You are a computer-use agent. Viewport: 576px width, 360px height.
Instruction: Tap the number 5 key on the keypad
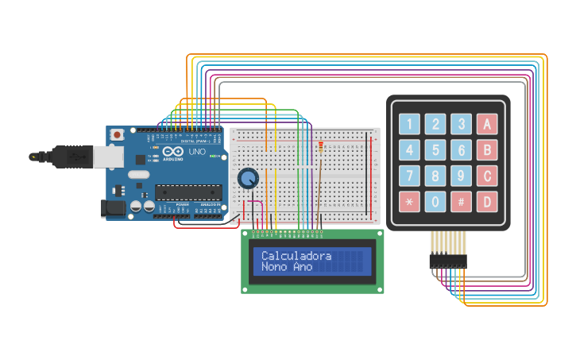pyautogui.click(x=435, y=149)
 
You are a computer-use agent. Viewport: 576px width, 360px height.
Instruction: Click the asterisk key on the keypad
pyautogui.click(x=409, y=202)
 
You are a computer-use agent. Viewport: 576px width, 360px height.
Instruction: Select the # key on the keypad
pyautogui.click(x=461, y=202)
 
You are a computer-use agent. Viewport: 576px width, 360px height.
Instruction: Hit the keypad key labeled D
pyautogui.click(x=487, y=202)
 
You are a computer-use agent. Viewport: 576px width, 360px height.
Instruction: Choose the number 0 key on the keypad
pyautogui.click(x=435, y=202)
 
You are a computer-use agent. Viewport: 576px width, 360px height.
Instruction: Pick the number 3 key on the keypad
pyautogui.click(x=461, y=124)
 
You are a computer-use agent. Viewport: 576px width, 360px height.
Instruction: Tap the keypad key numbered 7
pyautogui.click(x=409, y=176)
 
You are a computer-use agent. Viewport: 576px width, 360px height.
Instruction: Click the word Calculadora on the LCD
pyautogui.click(x=296, y=256)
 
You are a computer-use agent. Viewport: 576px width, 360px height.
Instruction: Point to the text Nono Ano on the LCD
pyautogui.click(x=287, y=267)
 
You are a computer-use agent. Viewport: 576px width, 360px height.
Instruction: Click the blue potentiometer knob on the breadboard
pyautogui.click(x=248, y=179)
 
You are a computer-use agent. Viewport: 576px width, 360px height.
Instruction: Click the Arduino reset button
pyautogui.click(x=118, y=135)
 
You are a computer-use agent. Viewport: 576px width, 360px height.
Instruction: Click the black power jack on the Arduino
pyautogui.click(x=113, y=208)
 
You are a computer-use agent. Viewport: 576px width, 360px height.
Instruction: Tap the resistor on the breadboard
pyautogui.click(x=320, y=146)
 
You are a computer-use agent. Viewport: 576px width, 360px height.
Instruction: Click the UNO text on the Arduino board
pyautogui.click(x=196, y=151)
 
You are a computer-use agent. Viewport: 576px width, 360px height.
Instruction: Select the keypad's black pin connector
pyautogui.click(x=447, y=261)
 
